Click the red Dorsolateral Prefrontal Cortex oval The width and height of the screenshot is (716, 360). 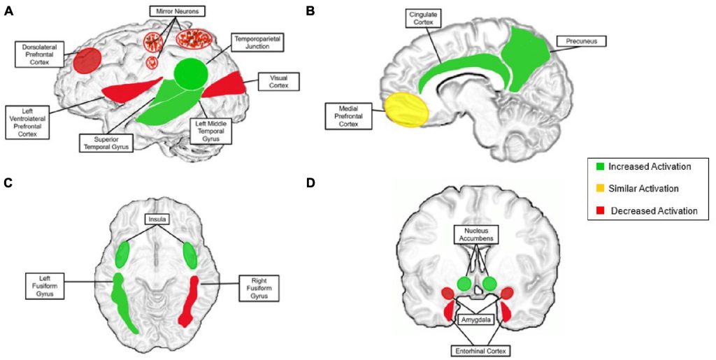click(x=88, y=60)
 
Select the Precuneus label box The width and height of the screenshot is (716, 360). click(x=581, y=41)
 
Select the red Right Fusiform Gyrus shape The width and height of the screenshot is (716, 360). click(x=190, y=301)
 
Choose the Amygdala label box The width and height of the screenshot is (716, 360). click(x=476, y=319)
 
